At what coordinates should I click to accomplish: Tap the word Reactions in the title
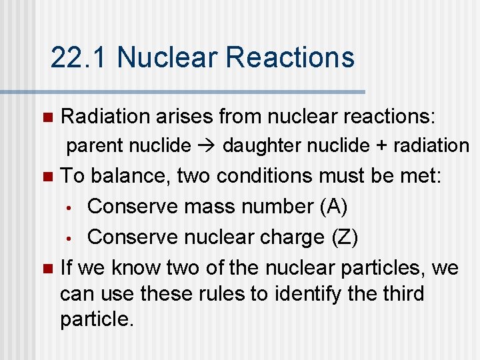tap(290, 57)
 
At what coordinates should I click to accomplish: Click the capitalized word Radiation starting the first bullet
tap(105, 116)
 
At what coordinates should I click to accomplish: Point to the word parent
tap(96, 145)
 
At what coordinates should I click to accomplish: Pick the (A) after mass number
tap(333, 207)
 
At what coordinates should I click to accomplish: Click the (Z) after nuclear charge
tap(345, 237)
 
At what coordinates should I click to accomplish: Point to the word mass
tap(201, 207)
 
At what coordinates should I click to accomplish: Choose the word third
tap(401, 293)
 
